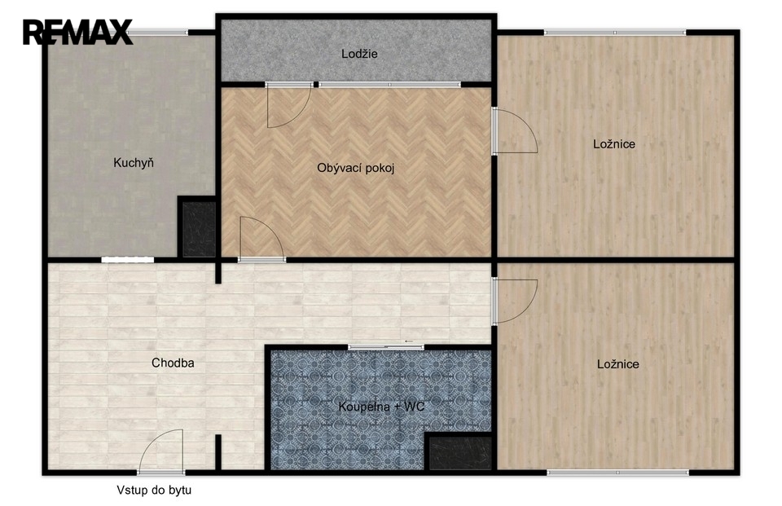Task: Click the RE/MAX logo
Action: [78, 32]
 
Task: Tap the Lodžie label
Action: [359, 54]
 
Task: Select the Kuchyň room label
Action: [133, 163]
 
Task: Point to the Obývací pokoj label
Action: [356, 168]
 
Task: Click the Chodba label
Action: [173, 363]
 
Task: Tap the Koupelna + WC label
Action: [381, 407]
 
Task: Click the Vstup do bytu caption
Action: [154, 490]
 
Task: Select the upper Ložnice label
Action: [614, 144]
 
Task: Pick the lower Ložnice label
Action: [618, 364]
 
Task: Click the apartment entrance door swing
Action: [161, 451]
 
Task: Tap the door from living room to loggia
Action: [288, 106]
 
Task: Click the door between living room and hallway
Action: [261, 239]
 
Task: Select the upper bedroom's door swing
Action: [515, 130]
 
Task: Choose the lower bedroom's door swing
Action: [515, 301]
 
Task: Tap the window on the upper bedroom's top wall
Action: [615, 33]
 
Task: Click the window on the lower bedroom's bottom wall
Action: [618, 472]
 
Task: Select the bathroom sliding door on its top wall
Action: [385, 347]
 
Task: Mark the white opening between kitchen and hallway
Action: [128, 259]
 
